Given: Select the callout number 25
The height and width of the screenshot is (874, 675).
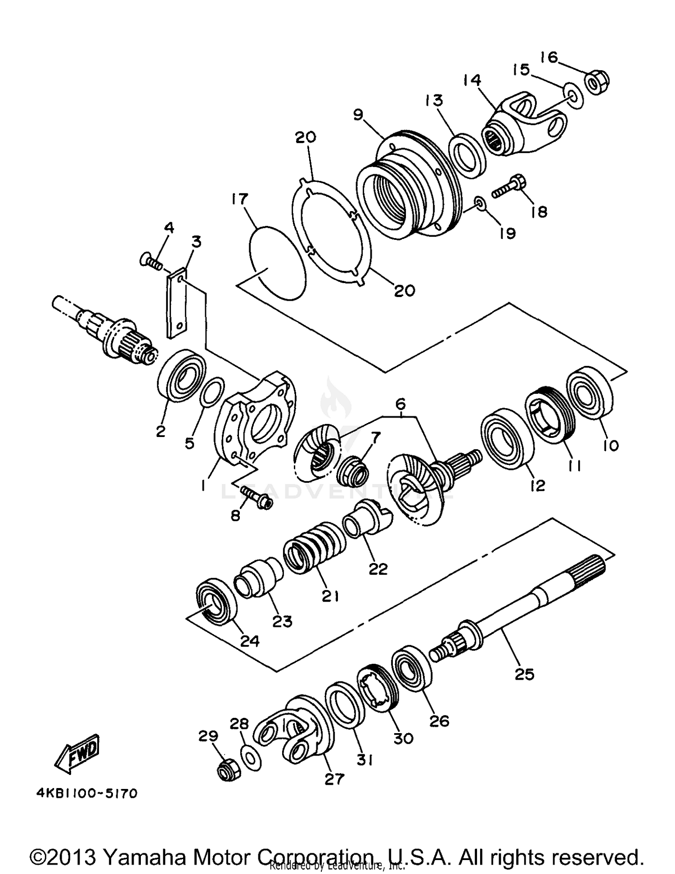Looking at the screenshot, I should pos(524,674).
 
